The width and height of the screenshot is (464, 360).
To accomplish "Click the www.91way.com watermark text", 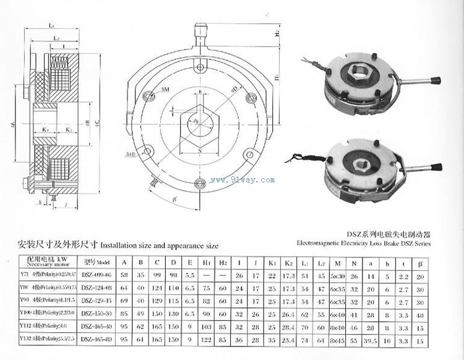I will click(242, 180).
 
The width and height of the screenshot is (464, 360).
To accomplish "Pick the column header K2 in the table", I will click(287, 260).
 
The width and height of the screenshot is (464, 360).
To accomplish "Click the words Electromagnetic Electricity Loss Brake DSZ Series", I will click(363, 244).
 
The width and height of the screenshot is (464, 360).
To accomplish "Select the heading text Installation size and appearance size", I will click(160, 244).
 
